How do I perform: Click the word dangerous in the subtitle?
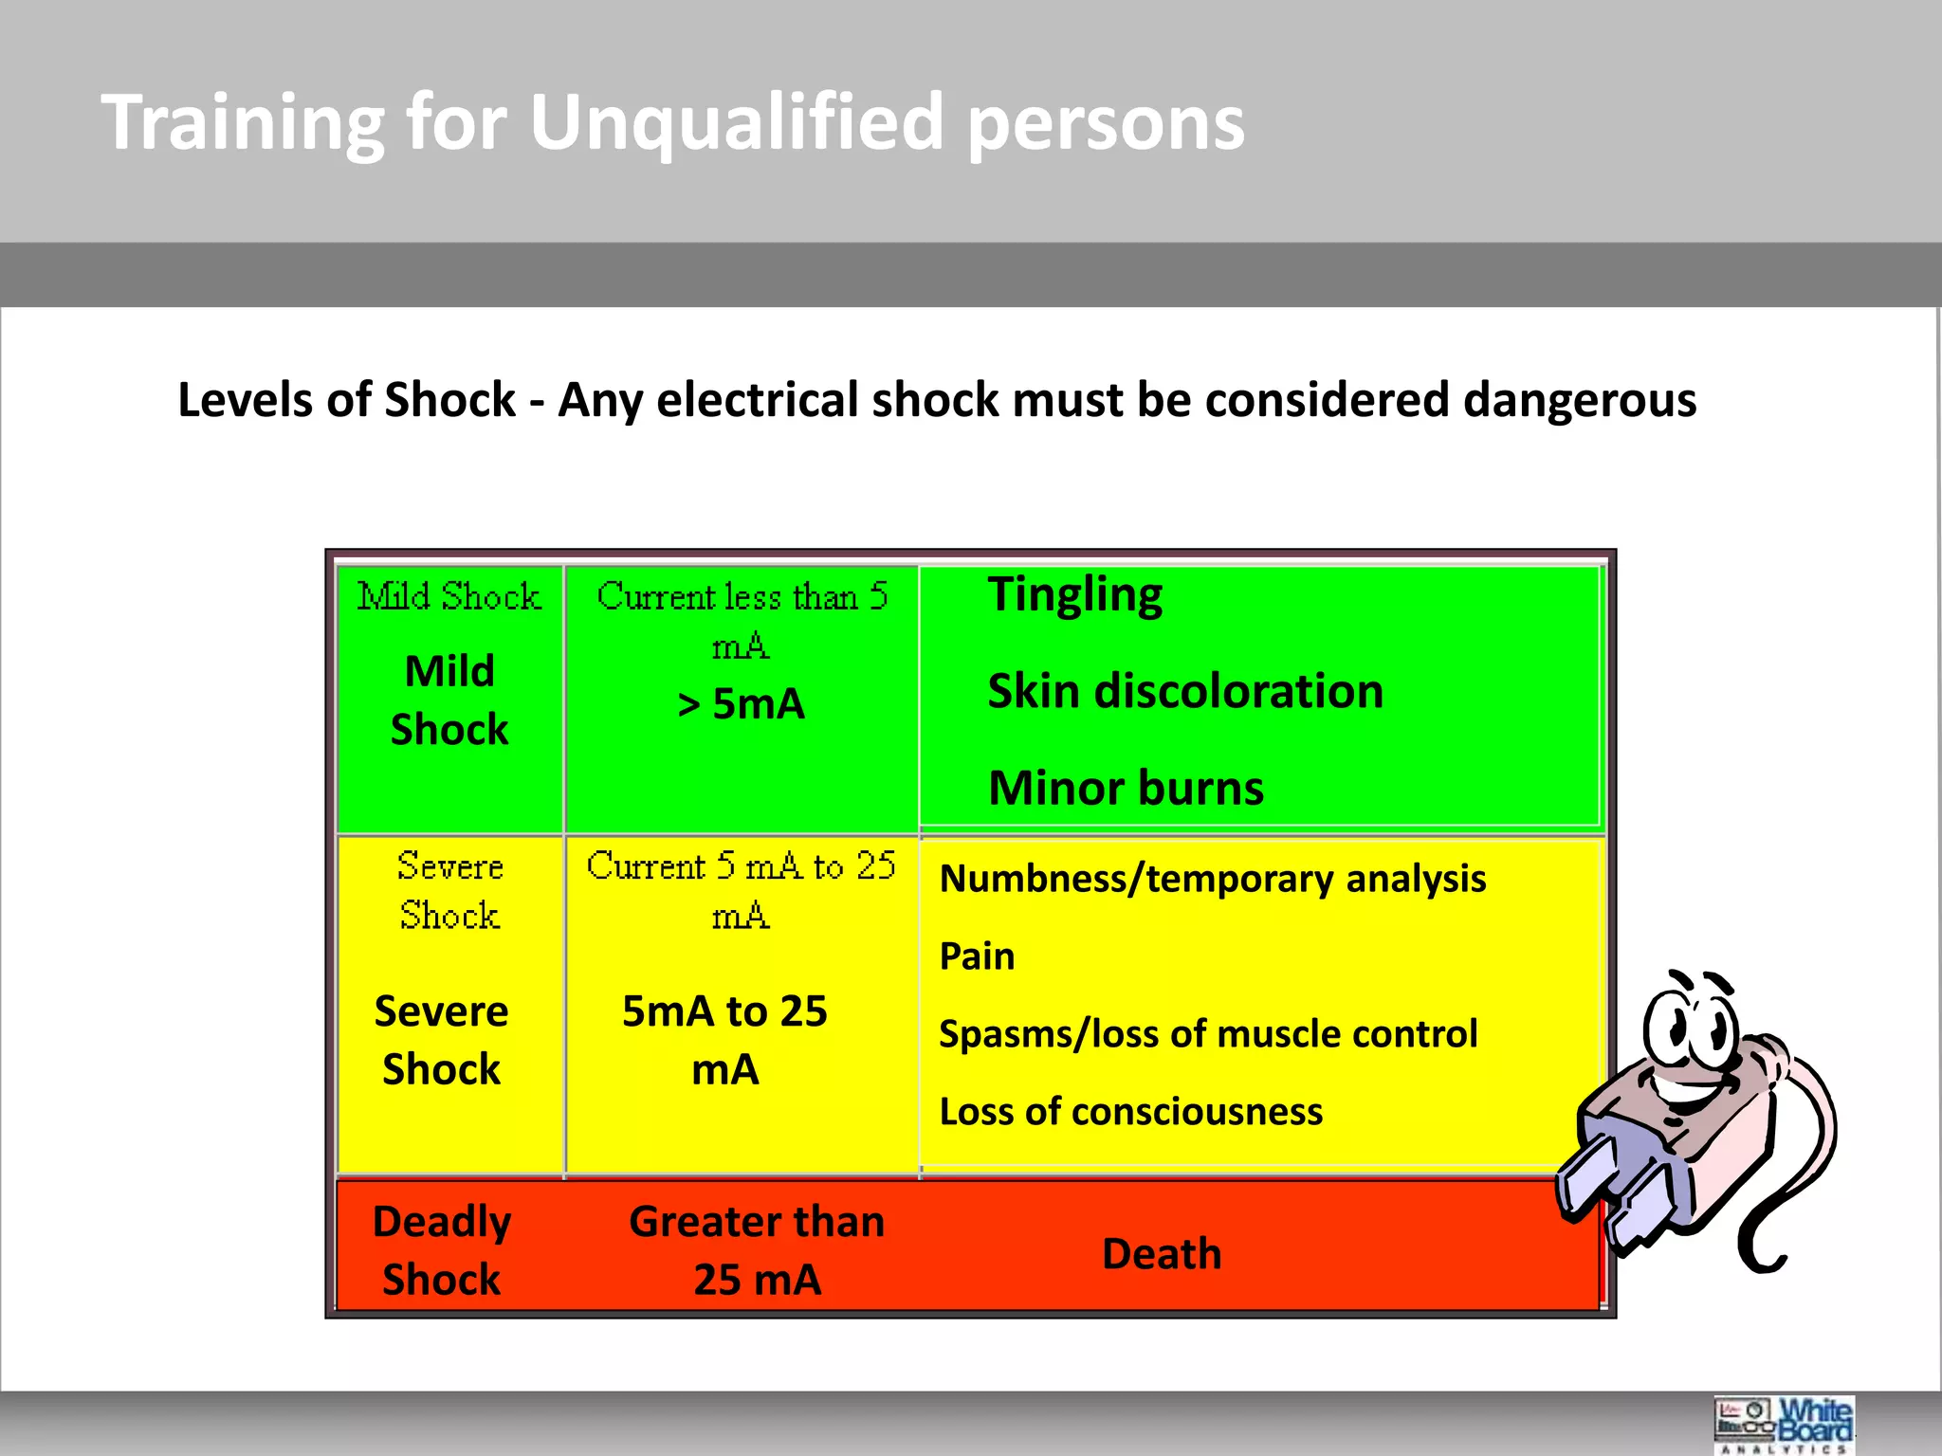coord(1580,399)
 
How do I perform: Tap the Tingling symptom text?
coord(1075,595)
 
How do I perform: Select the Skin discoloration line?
coord(1185,691)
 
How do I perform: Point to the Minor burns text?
coord(1126,788)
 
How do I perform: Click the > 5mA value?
coord(742,704)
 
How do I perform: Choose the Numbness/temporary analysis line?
coord(1212,879)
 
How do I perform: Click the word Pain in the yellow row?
coord(977,956)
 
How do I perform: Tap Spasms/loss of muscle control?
coord(1208,1034)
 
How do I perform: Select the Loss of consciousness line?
coord(1130,1112)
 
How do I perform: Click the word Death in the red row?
coord(1162,1254)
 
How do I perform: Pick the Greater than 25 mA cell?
coord(757,1250)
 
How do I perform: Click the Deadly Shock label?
coord(442,1250)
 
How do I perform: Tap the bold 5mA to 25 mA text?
coord(725,1040)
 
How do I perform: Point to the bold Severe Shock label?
coord(442,1040)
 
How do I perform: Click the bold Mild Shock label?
coord(449,701)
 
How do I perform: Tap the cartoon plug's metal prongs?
coord(1612,1199)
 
